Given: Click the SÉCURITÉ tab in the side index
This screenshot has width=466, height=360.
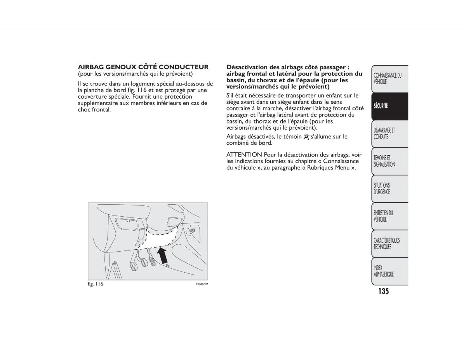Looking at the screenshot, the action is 389,106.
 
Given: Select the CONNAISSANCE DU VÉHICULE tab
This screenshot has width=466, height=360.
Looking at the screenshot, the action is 389,79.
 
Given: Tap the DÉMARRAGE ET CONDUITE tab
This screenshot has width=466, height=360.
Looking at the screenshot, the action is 389,134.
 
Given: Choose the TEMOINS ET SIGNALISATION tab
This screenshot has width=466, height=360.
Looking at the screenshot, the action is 389,161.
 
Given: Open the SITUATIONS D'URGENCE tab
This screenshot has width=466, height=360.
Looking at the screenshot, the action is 389,189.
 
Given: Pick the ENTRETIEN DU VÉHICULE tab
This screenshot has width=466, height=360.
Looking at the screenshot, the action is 389,216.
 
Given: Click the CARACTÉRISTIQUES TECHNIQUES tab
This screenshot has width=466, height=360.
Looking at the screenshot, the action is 389,244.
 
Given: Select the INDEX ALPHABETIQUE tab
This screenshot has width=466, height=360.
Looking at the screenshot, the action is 389,271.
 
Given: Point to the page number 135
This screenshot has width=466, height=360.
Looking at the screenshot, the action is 383,291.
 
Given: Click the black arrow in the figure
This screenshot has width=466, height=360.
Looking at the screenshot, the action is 162,256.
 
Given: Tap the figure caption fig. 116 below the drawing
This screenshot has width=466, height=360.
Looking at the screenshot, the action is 96,284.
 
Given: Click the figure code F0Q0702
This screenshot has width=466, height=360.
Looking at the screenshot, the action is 202,284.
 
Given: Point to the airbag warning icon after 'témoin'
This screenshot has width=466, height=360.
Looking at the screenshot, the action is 306,137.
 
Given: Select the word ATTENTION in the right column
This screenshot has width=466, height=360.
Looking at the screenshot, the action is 244,155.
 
